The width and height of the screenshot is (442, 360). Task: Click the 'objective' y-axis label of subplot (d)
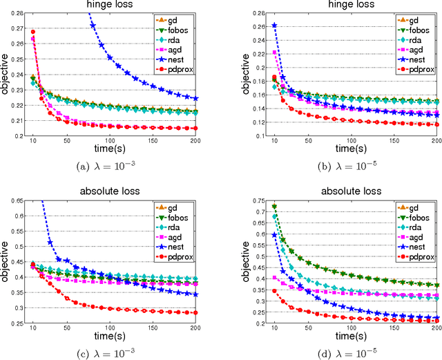click(x=238, y=263)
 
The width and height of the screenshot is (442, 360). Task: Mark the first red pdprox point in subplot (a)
click(x=32, y=32)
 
